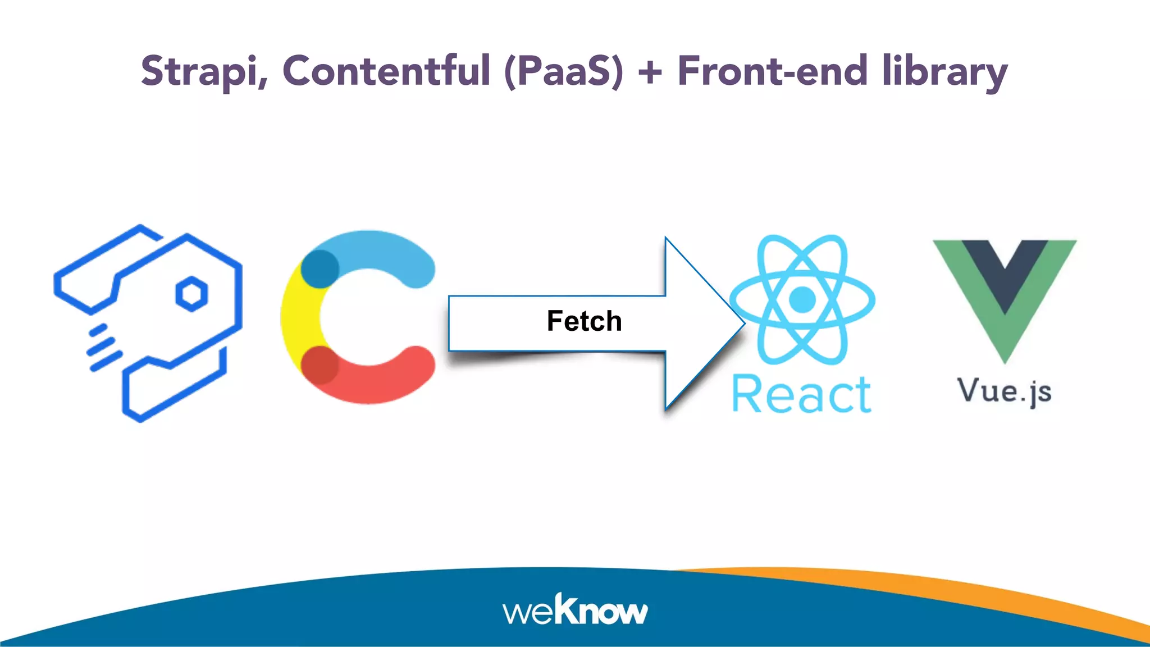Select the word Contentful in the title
(x=386, y=71)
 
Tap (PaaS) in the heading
(x=564, y=71)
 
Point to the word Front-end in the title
(x=773, y=71)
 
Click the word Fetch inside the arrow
(x=584, y=321)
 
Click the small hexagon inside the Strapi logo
(x=191, y=294)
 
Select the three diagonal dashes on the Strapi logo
(x=104, y=348)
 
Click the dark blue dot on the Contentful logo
(x=320, y=268)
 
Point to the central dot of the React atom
(x=802, y=299)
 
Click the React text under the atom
(x=802, y=395)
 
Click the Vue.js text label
(x=1005, y=391)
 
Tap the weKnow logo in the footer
(x=575, y=610)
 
